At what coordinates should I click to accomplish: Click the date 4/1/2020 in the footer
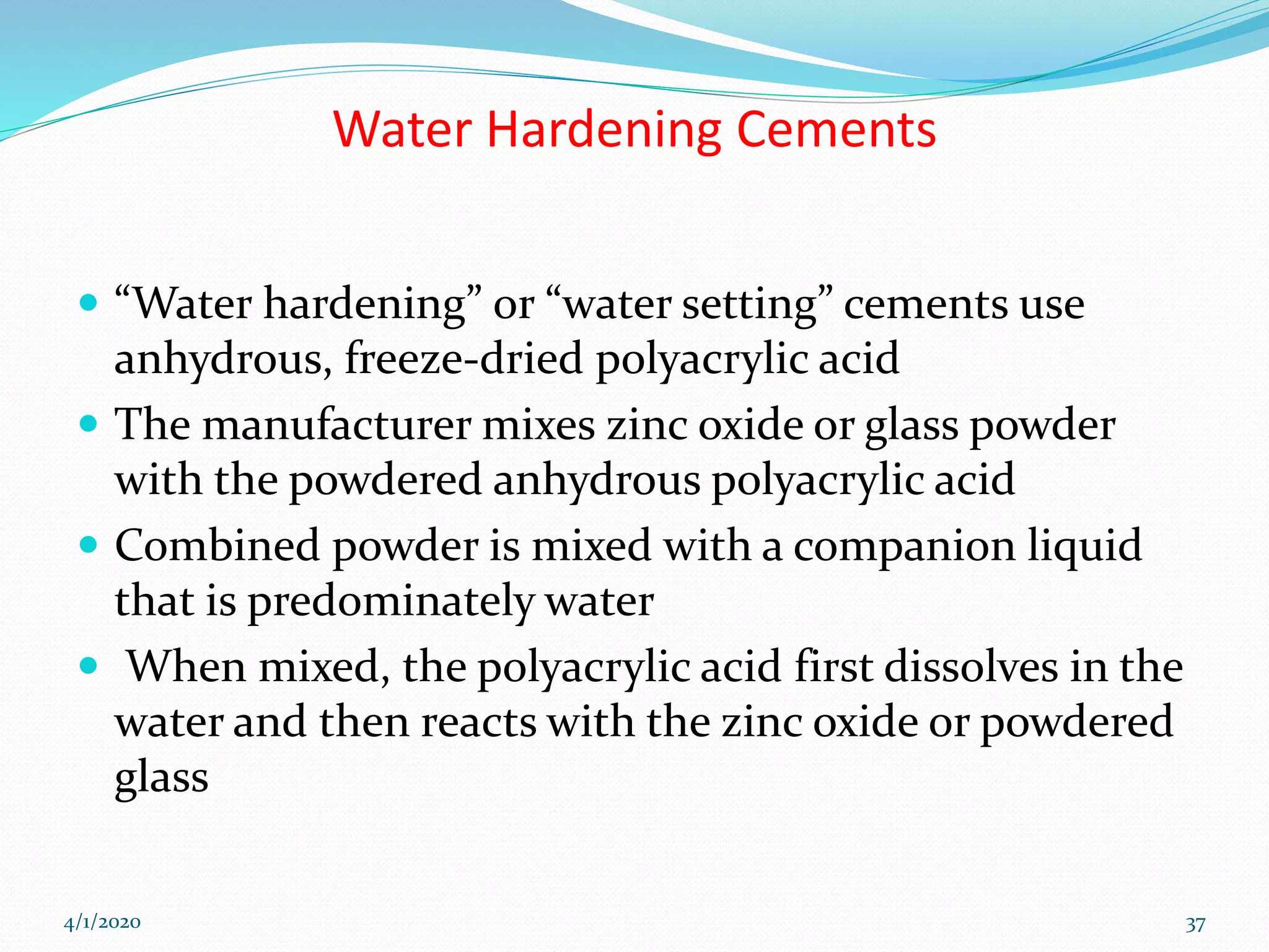pyautogui.click(x=102, y=922)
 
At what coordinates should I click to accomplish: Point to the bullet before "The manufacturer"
pyautogui.click(x=89, y=424)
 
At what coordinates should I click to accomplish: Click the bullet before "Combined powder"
pyautogui.click(x=89, y=545)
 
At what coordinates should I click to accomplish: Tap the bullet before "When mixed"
pyautogui.click(x=89, y=666)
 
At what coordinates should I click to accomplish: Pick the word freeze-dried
pyautogui.click(x=463, y=358)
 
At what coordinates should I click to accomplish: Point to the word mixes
pyautogui.click(x=538, y=425)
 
